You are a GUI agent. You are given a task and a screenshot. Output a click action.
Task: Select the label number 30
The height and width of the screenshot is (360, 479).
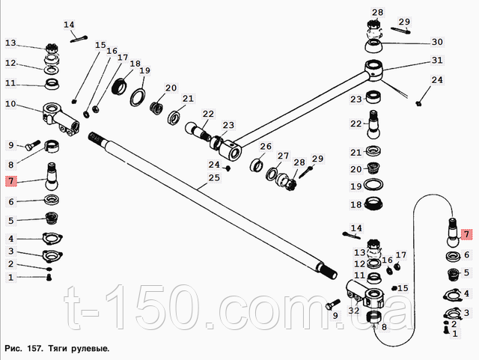point(437,42)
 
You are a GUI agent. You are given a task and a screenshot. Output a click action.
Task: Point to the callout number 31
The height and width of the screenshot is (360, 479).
point(437,61)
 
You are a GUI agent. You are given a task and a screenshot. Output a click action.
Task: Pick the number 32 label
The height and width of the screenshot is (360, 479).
point(354,310)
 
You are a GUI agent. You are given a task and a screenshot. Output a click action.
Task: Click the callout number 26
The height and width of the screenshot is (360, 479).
point(266,146)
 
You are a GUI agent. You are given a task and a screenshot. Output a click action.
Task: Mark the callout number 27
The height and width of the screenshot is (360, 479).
point(283,156)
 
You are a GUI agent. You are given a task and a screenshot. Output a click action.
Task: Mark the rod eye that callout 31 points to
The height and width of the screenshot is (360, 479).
point(375,74)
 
